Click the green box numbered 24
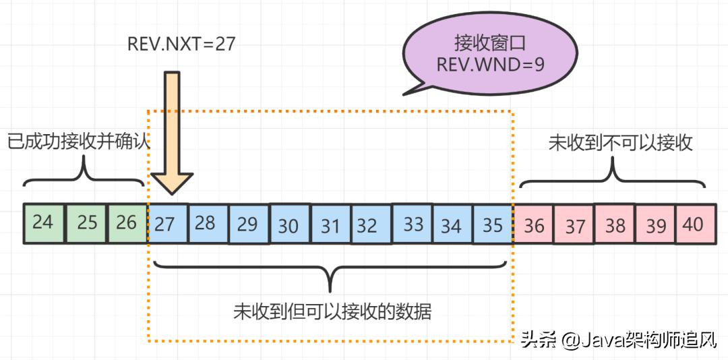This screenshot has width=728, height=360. click(43, 222)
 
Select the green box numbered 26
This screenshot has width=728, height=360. click(127, 222)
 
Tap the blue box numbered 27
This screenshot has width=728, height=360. click(166, 223)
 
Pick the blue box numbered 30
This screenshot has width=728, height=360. click(289, 224)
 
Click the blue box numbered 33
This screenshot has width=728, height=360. click(412, 224)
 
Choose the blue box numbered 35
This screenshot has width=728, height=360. click(493, 224)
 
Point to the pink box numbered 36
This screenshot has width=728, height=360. click(533, 224)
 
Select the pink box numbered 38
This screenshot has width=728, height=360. click(615, 224)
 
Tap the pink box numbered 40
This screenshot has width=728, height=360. click(695, 224)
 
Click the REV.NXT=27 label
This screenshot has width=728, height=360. click(181, 44)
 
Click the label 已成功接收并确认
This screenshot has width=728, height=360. click(78, 142)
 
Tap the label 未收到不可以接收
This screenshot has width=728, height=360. click(620, 142)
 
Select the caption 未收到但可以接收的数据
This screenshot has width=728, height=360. click(332, 311)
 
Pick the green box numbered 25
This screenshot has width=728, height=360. click(86, 222)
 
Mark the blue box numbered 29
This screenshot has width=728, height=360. click(248, 224)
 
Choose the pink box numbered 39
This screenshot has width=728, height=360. click(655, 224)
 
